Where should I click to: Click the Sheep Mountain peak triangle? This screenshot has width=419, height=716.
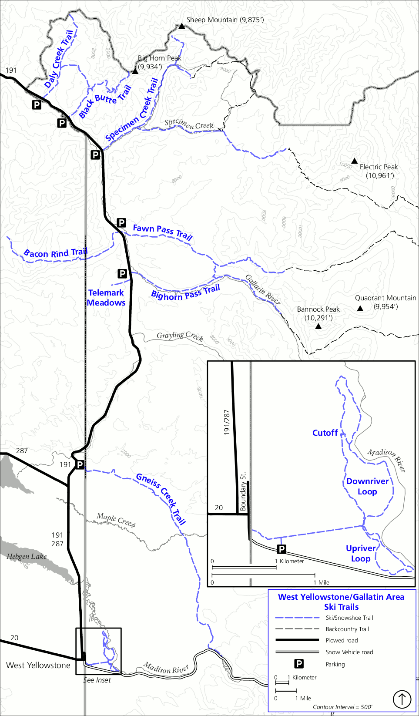pyautogui.click(x=181, y=26)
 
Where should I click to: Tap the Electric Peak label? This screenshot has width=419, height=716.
pyautogui.click(x=379, y=167)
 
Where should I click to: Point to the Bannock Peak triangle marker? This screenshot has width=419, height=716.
pyautogui.click(x=318, y=326)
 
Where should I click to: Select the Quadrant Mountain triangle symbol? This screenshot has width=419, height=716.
pyautogui.click(x=360, y=309)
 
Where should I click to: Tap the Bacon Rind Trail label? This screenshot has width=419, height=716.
pyautogui.click(x=56, y=253)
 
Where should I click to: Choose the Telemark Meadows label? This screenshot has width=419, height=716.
pyautogui.click(x=106, y=298)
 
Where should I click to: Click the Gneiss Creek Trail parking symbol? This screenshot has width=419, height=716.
pyautogui.click(x=80, y=465)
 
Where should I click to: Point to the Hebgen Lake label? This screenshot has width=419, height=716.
pyautogui.click(x=27, y=556)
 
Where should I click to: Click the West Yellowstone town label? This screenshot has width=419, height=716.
pyautogui.click(x=38, y=665)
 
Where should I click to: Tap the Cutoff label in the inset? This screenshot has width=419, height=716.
pyautogui.click(x=325, y=433)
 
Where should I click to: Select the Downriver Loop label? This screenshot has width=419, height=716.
pyautogui.click(x=367, y=486)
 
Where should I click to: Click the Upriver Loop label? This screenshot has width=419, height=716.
pyautogui.click(x=361, y=553)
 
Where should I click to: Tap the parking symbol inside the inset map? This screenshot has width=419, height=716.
pyautogui.click(x=282, y=549)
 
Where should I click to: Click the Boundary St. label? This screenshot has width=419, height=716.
pyautogui.click(x=243, y=491)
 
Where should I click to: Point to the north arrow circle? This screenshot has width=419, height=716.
pyautogui.click(x=402, y=699)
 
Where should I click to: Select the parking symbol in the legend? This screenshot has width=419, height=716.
pyautogui.click(x=299, y=664)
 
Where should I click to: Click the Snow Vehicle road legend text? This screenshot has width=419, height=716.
pyautogui.click(x=349, y=652)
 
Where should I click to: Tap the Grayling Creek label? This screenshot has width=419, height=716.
pyautogui.click(x=180, y=336)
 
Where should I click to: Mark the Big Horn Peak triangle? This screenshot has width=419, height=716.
pyautogui.click(x=135, y=71)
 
